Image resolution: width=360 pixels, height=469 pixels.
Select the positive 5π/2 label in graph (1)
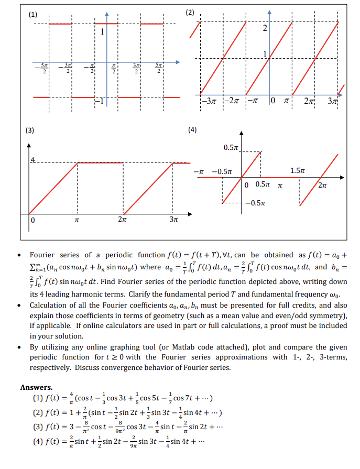click(x=158, y=68)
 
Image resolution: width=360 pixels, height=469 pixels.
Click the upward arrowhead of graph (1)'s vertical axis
click(x=106, y=13)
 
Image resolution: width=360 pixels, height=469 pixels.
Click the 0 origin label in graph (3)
click(x=32, y=220)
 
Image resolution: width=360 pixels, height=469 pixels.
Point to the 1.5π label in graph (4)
click(x=297, y=170)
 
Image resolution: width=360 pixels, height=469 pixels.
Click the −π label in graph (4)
click(x=199, y=171)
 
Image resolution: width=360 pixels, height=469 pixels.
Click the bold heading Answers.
click(x=36, y=387)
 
